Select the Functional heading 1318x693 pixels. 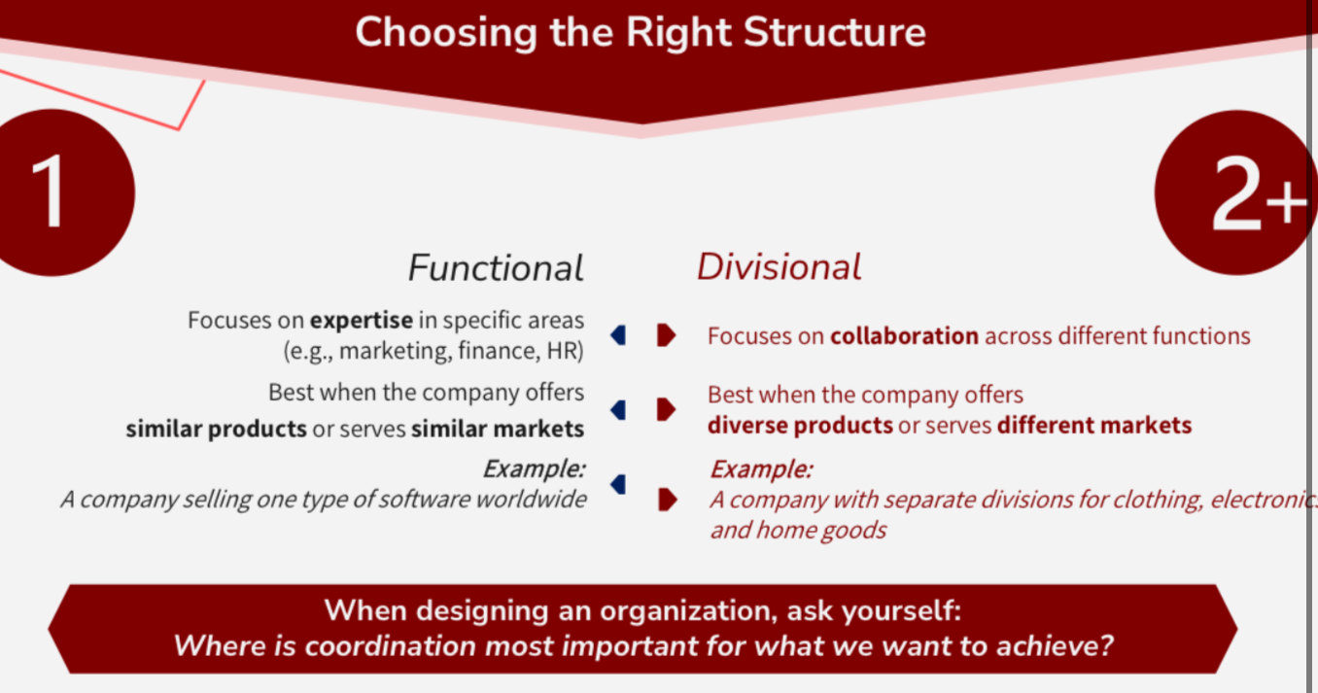pos(496,268)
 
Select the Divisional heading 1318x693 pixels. pos(779,267)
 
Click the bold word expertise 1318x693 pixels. pos(361,320)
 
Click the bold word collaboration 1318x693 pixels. pos(904,336)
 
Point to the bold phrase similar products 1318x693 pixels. pos(216,429)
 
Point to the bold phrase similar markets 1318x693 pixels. pos(497,429)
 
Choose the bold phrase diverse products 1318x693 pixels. pos(800,425)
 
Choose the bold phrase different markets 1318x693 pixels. pos(1093,425)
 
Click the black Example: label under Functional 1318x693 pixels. pos(534,469)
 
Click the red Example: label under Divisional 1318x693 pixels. pos(761,469)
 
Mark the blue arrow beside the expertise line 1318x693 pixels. pos(618,335)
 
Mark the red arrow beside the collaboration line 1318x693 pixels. pos(666,335)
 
